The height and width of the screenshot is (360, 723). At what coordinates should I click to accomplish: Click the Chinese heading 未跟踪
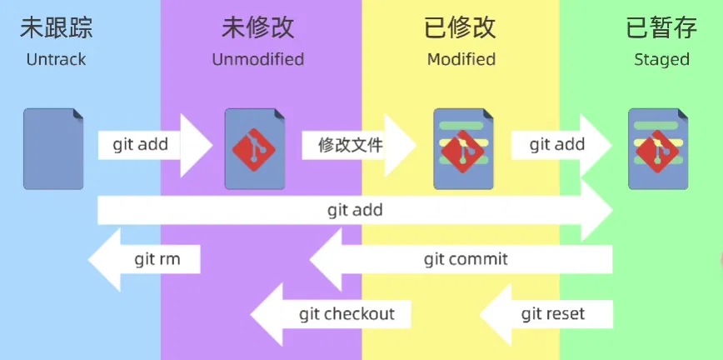(x=57, y=28)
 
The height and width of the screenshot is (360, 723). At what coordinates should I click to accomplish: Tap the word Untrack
(x=56, y=60)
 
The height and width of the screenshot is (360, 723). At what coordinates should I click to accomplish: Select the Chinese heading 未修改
(x=257, y=28)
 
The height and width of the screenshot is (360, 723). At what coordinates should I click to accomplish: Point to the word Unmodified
(x=257, y=60)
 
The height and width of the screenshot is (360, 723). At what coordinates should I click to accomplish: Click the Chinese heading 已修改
(x=461, y=28)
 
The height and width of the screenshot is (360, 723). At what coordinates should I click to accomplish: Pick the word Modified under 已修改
(x=461, y=60)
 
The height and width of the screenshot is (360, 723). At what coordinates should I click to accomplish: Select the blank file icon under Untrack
(x=53, y=148)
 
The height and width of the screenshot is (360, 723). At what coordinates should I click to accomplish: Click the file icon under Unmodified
(x=255, y=148)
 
